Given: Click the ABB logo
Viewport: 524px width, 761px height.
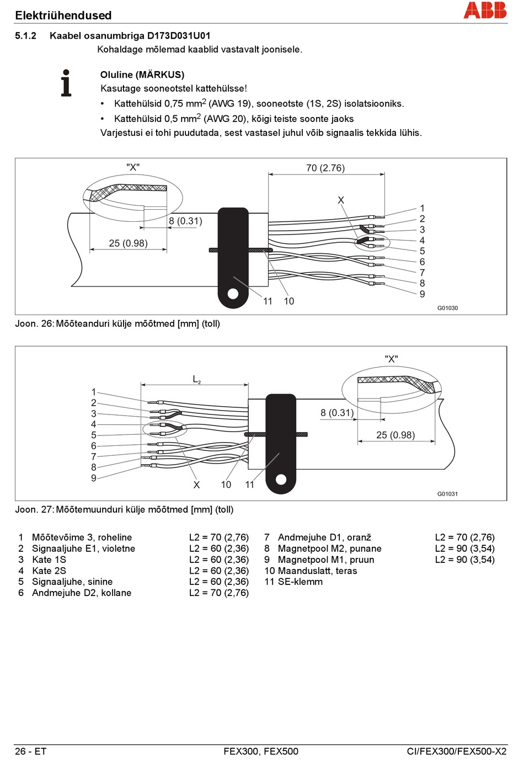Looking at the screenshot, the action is (x=485, y=10).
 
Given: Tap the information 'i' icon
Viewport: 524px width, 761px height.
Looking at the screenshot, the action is (x=66, y=83).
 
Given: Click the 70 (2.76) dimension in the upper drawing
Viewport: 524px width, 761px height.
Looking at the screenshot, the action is (x=325, y=168).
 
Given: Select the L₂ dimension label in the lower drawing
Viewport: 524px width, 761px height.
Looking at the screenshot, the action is (x=196, y=379).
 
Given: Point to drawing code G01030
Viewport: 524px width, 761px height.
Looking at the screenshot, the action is (x=447, y=308).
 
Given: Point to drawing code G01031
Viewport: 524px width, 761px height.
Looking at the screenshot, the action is (x=447, y=494).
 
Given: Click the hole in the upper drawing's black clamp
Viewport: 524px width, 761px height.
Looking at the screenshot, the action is (x=233, y=294).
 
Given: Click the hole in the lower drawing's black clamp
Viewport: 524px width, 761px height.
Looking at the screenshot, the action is (x=281, y=480).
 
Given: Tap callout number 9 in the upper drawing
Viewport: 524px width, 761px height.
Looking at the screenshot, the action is (x=422, y=294).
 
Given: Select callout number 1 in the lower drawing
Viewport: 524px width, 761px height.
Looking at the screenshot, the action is (x=94, y=392).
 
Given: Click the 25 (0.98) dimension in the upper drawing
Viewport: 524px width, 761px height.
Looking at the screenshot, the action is (x=128, y=243).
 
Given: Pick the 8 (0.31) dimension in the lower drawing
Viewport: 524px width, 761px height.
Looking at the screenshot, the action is (x=337, y=413).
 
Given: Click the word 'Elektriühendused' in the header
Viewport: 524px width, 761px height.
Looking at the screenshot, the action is (x=63, y=15).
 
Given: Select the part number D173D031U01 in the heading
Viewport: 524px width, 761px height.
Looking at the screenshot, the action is (x=179, y=36).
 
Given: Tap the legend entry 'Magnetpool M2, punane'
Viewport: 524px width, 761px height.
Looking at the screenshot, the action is (x=329, y=549).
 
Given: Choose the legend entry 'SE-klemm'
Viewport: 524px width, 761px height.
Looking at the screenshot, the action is (x=300, y=582).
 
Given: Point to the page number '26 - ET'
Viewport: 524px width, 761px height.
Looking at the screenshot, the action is (x=30, y=751).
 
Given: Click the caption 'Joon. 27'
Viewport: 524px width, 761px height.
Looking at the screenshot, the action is (x=34, y=509).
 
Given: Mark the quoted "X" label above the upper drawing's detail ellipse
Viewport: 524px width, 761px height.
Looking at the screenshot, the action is (x=133, y=167).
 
